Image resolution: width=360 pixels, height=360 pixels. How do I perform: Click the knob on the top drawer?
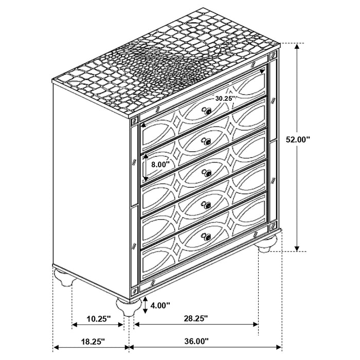(x=207, y=110)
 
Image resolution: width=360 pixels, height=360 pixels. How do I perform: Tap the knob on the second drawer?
(x=207, y=142)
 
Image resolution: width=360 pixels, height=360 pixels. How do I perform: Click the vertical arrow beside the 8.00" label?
(x=146, y=167)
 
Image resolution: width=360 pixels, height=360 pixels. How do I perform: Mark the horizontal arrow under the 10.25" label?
(x=98, y=325)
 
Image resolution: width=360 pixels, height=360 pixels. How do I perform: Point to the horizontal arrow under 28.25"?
(x=196, y=325)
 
